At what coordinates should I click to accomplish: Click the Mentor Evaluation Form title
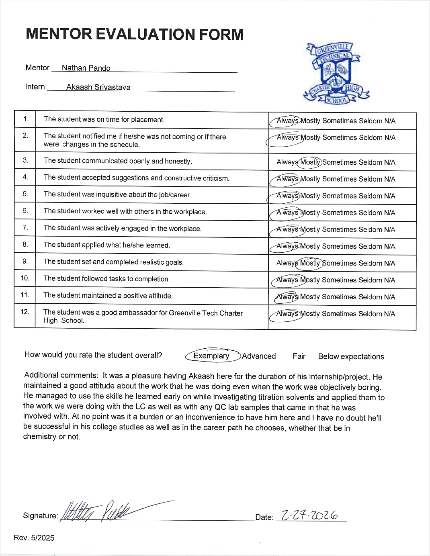pyautogui.click(x=135, y=35)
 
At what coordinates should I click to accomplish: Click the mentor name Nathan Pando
pyautogui.click(x=86, y=68)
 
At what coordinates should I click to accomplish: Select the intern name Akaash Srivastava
pyautogui.click(x=98, y=87)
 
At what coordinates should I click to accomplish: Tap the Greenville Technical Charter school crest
pyautogui.click(x=336, y=74)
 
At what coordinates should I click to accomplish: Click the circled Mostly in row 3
pyautogui.click(x=310, y=162)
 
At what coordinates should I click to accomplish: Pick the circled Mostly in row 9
pyautogui.click(x=310, y=263)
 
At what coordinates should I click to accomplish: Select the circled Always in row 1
pyautogui.click(x=287, y=121)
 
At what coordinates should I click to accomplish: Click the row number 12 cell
pyautogui.click(x=25, y=312)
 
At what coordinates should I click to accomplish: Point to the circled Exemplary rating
pyautogui.click(x=211, y=356)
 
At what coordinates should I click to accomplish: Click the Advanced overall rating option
pyautogui.click(x=259, y=356)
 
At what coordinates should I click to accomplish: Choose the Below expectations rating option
pyautogui.click(x=351, y=356)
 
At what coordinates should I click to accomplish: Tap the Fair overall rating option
pyautogui.click(x=299, y=356)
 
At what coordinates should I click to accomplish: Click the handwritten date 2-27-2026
pyautogui.click(x=309, y=515)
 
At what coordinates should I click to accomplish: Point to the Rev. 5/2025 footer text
pyautogui.click(x=34, y=538)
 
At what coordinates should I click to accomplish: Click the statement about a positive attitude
pyautogui.click(x=108, y=296)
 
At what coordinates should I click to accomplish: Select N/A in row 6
pyautogui.click(x=389, y=213)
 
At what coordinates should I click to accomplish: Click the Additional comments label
pyautogui.click(x=61, y=375)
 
